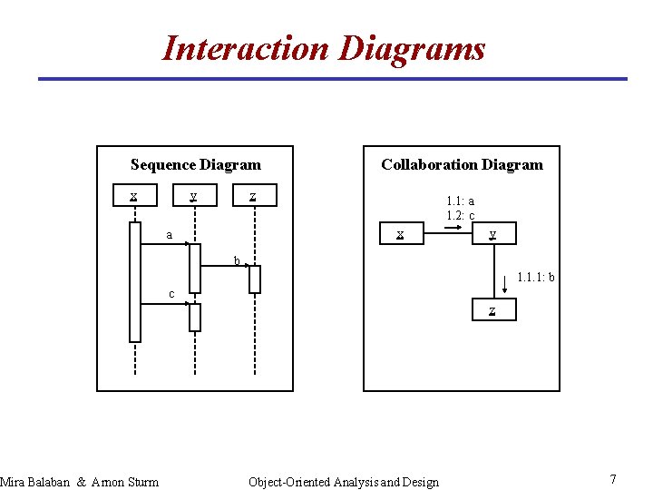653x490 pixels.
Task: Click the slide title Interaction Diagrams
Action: tap(324, 48)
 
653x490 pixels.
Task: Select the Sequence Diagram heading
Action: tap(195, 164)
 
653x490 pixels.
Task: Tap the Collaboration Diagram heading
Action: tap(462, 164)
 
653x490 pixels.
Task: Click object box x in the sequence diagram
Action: tap(134, 195)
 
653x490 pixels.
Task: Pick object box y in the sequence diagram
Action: tap(194, 195)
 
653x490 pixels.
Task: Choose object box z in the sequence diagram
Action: tap(254, 195)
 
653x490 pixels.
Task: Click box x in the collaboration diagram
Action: tap(400, 234)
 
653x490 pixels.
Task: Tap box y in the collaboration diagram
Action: tap(492, 234)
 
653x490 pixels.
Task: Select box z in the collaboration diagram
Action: tap(492, 310)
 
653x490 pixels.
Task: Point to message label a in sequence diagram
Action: tap(169, 235)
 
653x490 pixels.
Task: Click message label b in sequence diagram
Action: tap(237, 261)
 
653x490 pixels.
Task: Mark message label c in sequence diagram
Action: tap(171, 293)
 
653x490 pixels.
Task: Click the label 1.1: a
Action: tap(460, 201)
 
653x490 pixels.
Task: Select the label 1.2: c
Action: tap(460, 216)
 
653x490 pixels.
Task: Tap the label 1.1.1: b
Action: tap(536, 277)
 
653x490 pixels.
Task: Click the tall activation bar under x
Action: tap(135, 281)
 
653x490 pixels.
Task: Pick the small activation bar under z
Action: tap(255, 279)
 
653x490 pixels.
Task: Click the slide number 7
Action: tap(613, 479)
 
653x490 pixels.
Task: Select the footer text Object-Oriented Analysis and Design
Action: tap(343, 482)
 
